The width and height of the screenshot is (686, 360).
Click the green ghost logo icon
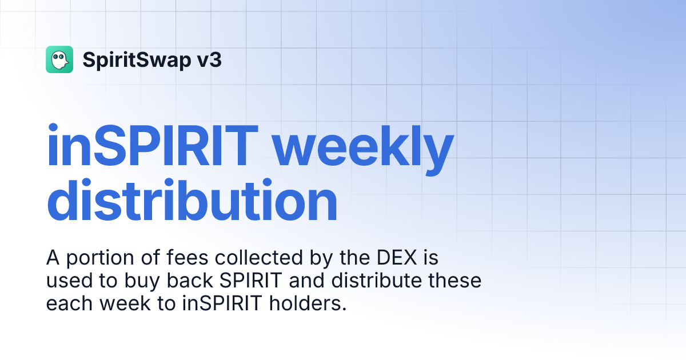coord(59,59)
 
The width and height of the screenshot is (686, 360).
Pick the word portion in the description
coord(97,258)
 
